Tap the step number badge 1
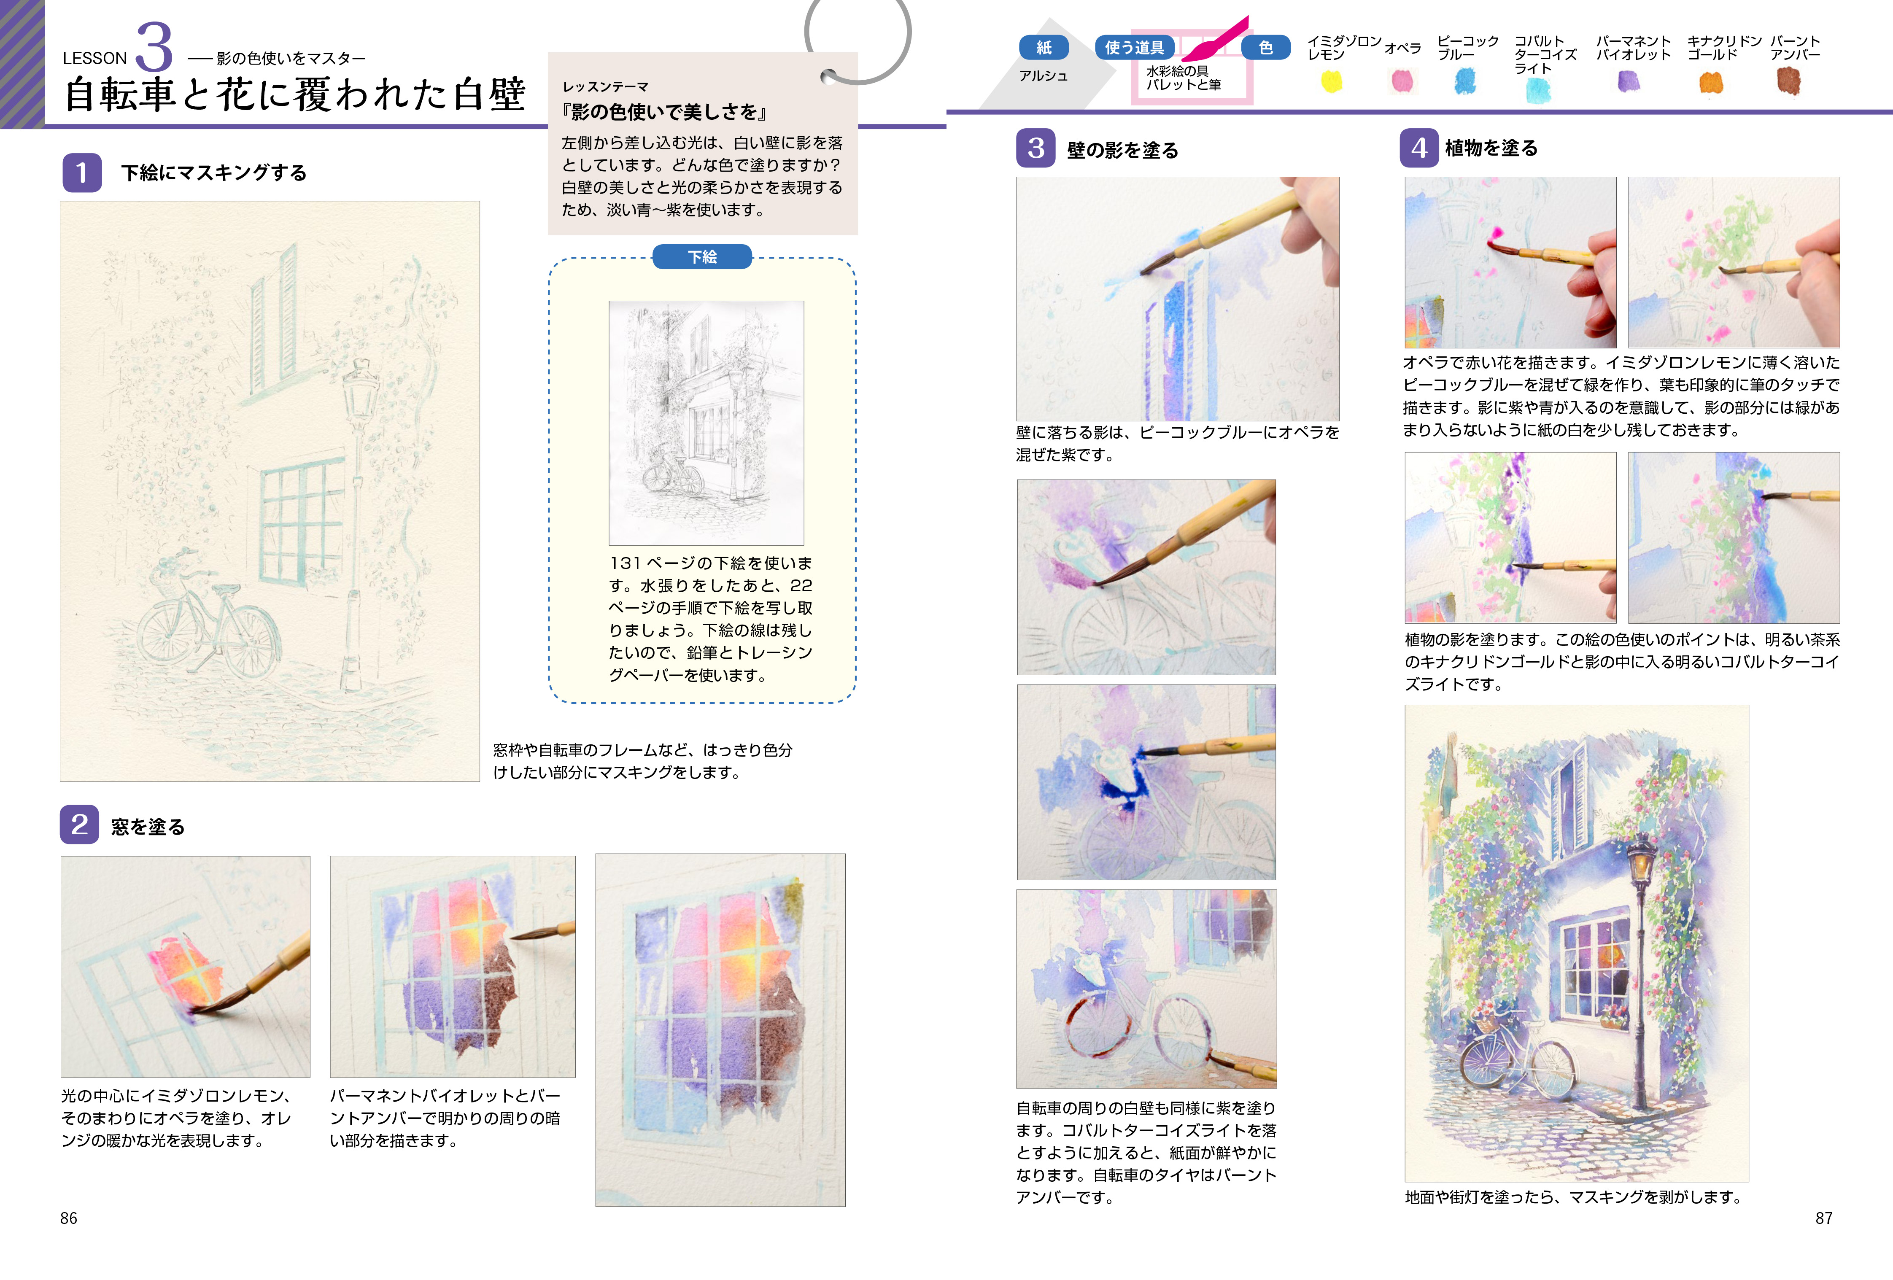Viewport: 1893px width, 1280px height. (x=81, y=172)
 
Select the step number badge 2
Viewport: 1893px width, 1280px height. (x=79, y=825)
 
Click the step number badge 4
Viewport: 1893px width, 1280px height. (x=1419, y=148)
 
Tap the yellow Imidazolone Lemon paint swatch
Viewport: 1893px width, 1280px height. (x=1331, y=81)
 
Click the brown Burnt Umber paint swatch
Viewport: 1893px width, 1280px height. (x=1788, y=81)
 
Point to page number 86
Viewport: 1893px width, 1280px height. (x=68, y=1218)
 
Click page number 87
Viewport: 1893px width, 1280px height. (x=1824, y=1218)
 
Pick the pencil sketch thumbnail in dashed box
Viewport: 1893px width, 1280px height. (x=706, y=423)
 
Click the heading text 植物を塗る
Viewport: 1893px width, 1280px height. (x=1491, y=148)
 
